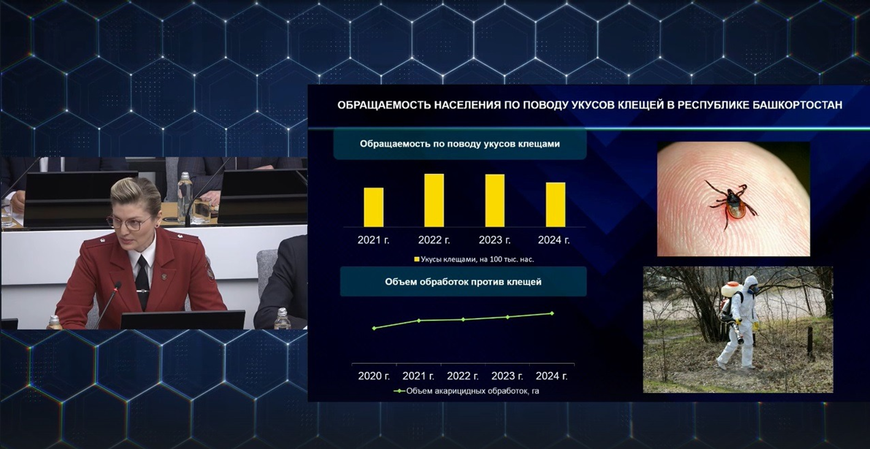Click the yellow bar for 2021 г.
(373, 208)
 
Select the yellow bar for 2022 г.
(434, 201)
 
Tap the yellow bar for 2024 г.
(555, 205)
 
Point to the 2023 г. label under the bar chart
(494, 240)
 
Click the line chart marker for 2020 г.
(374, 328)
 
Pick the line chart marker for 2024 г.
(552, 313)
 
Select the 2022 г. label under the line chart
(463, 376)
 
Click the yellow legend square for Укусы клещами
(417, 259)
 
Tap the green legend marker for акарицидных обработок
(399, 391)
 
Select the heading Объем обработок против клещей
(463, 282)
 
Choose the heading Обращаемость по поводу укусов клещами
(460, 144)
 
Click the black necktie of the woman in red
(142, 282)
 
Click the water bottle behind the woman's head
(184, 197)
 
